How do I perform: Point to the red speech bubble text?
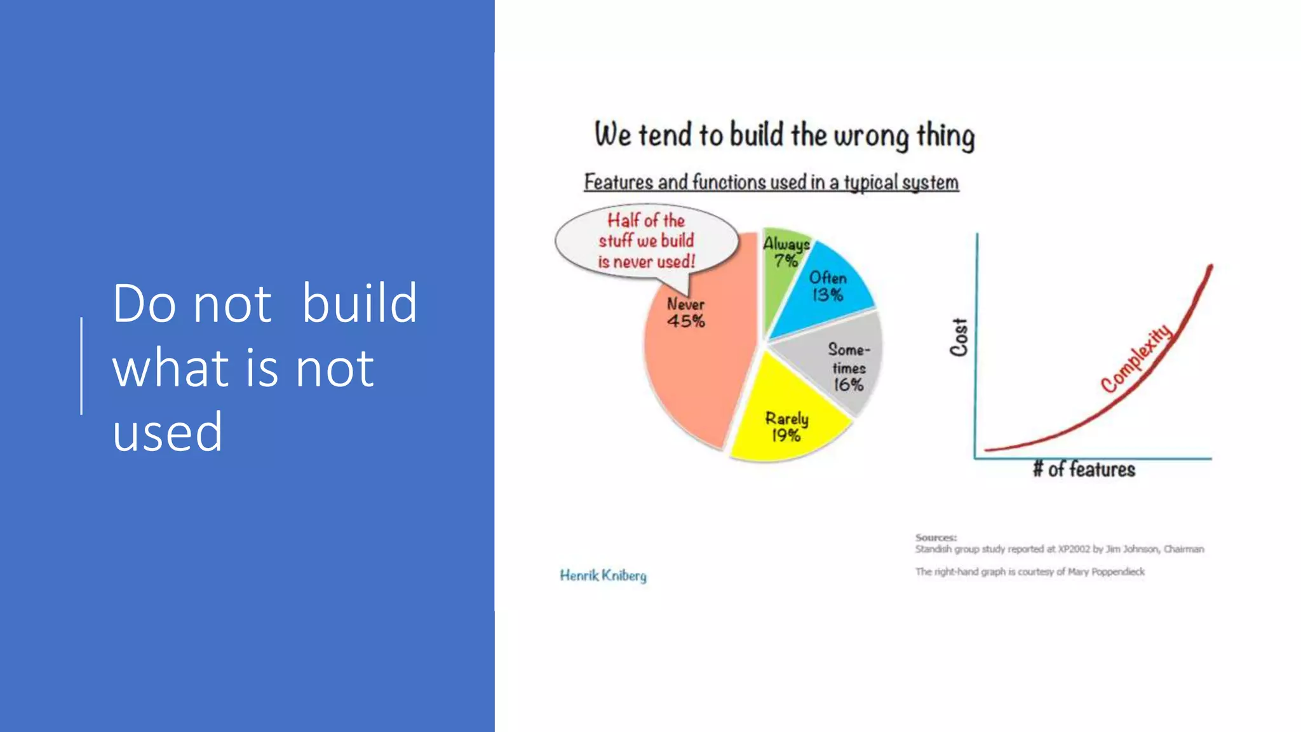(646, 241)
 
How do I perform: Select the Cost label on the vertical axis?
(959, 337)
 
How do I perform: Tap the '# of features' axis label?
(1084, 470)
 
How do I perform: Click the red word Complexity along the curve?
(1136, 358)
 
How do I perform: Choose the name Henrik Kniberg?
(603, 576)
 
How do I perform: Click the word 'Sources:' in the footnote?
(936, 538)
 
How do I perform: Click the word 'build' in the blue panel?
(359, 303)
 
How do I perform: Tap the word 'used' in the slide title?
(168, 432)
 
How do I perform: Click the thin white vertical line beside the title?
(81, 366)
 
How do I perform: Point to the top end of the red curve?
(1211, 267)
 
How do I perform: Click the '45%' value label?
(685, 322)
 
